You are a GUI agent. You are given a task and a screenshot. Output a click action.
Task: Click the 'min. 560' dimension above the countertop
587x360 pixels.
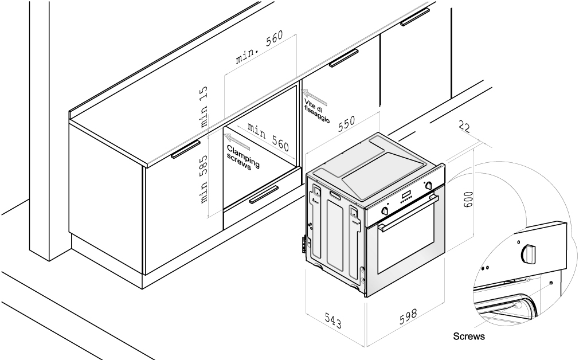pyautogui.click(x=260, y=50)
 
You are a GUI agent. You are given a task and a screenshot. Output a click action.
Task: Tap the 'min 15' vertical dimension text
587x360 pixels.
pyautogui.click(x=204, y=107)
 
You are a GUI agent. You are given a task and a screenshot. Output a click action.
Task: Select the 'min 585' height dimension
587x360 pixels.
pyautogui.click(x=204, y=181)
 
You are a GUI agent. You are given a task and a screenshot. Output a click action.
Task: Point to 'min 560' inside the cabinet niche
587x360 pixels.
pyautogui.click(x=268, y=136)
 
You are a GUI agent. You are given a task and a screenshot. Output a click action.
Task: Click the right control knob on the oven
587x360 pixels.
pyautogui.click(x=428, y=184)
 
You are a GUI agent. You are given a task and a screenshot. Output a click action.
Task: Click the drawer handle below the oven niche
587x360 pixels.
pyautogui.click(x=264, y=195)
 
